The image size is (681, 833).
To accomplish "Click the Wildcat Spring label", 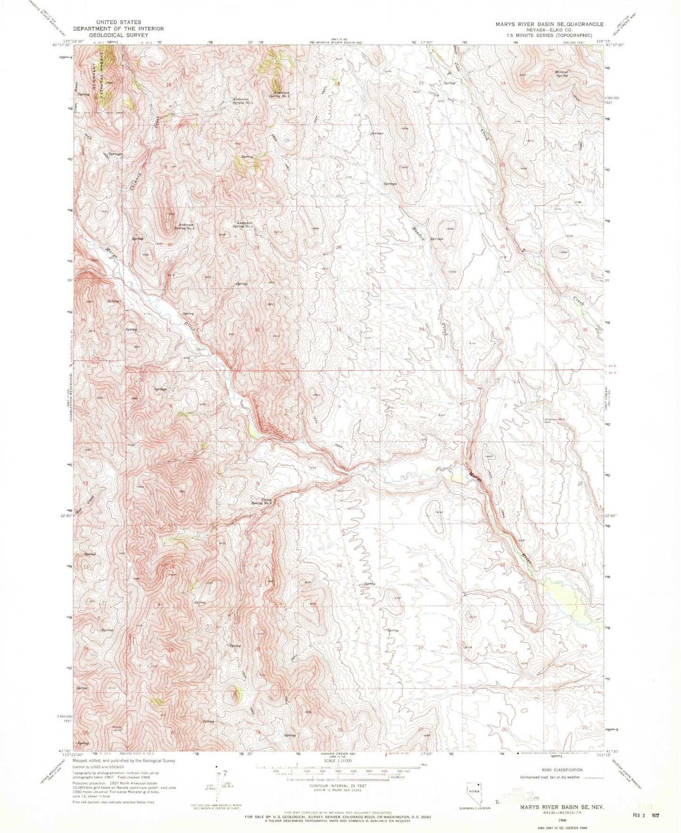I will [x=562, y=74].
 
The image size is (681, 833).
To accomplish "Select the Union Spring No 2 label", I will [x=262, y=502].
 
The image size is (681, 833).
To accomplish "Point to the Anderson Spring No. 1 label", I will [x=243, y=101].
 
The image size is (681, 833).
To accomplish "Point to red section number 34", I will [x=421, y=329].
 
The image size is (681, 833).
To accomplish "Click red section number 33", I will [x=338, y=329].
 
